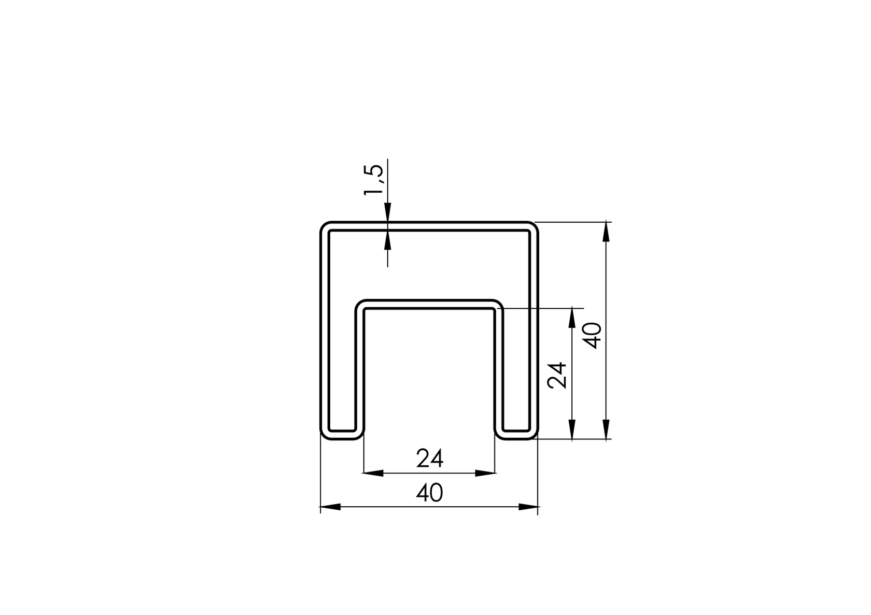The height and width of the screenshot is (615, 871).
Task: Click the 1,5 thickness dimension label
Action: pyautogui.click(x=374, y=180)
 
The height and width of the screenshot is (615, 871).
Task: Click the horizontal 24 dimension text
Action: pyautogui.click(x=430, y=459)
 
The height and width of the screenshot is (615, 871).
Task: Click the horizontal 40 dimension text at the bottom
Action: pyautogui.click(x=430, y=493)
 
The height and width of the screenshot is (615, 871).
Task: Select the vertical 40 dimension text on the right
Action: pyautogui.click(x=592, y=335)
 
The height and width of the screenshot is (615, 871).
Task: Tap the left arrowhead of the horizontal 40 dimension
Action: pyautogui.click(x=330, y=507)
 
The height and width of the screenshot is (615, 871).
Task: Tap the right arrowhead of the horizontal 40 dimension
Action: pyautogui.click(x=528, y=507)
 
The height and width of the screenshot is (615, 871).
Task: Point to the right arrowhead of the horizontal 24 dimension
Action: pyautogui.click(x=485, y=473)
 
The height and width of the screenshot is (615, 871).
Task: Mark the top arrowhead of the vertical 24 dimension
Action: pyautogui.click(x=572, y=318)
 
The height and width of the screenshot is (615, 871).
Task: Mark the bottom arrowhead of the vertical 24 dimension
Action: pyautogui.click(x=572, y=430)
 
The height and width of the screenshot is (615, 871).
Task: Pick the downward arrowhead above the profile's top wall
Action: pyautogui.click(x=387, y=212)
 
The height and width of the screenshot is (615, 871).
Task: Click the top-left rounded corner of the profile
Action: pyautogui.click(x=325, y=226)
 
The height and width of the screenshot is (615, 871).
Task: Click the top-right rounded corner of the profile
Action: pyautogui.click(x=533, y=226)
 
